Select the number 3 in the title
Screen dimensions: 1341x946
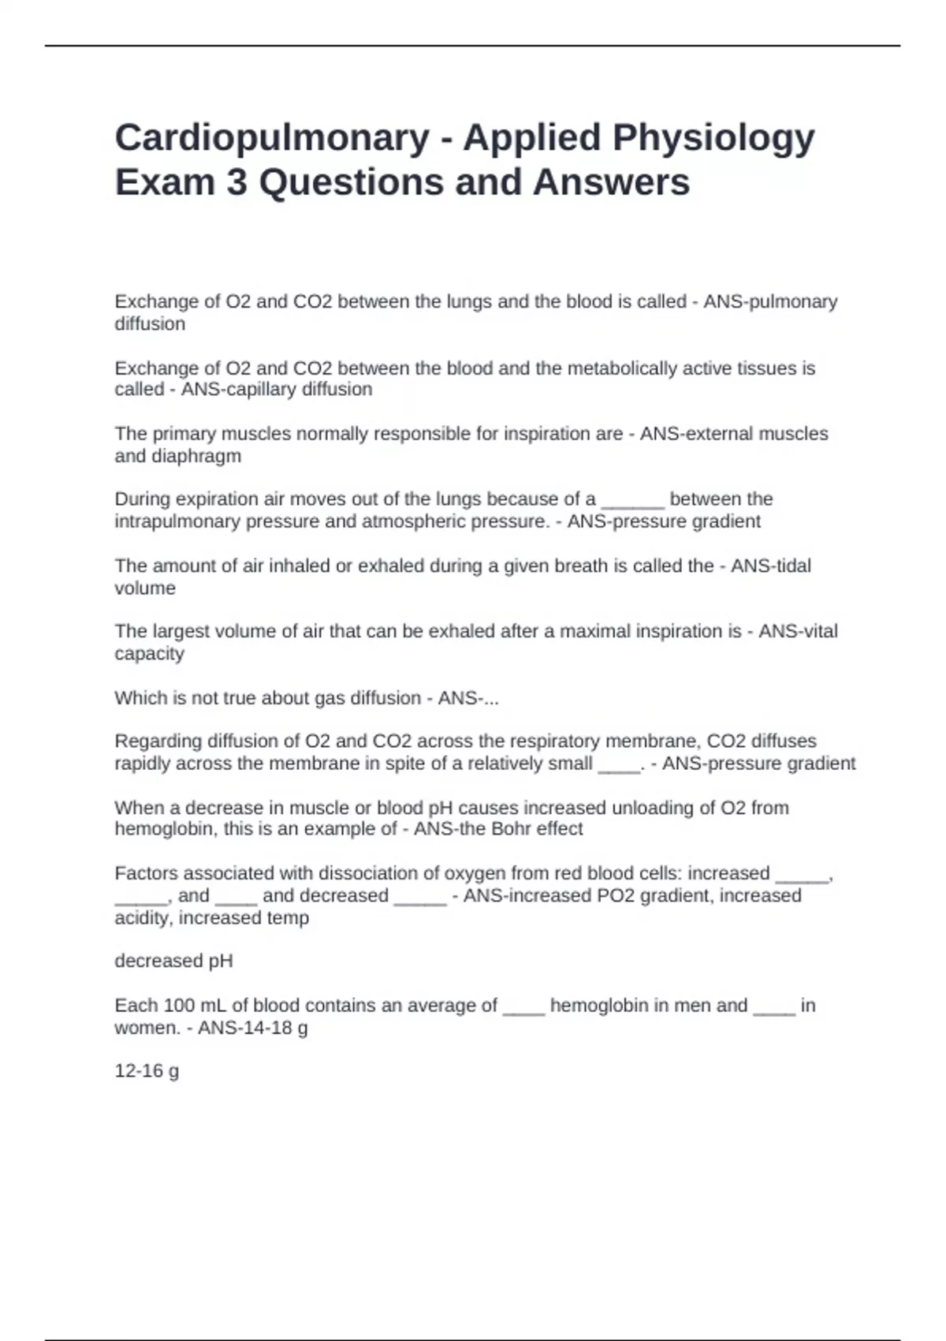click(x=236, y=182)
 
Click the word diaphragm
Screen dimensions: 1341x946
click(x=196, y=456)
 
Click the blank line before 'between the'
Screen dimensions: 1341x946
click(x=633, y=500)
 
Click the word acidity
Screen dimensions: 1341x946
click(x=144, y=918)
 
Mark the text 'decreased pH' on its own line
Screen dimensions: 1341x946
click(x=173, y=962)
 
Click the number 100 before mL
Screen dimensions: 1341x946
click(x=177, y=1006)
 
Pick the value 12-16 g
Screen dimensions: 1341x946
click(x=147, y=1071)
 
